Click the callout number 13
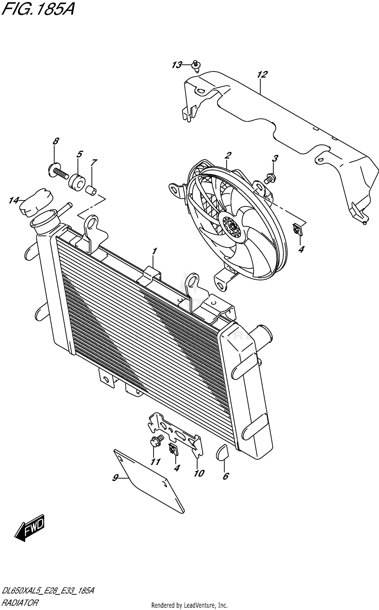tap(177, 65)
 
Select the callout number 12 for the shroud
tap(262, 75)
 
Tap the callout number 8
tap(56, 141)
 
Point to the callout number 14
tap(14, 201)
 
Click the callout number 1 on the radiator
tap(154, 251)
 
